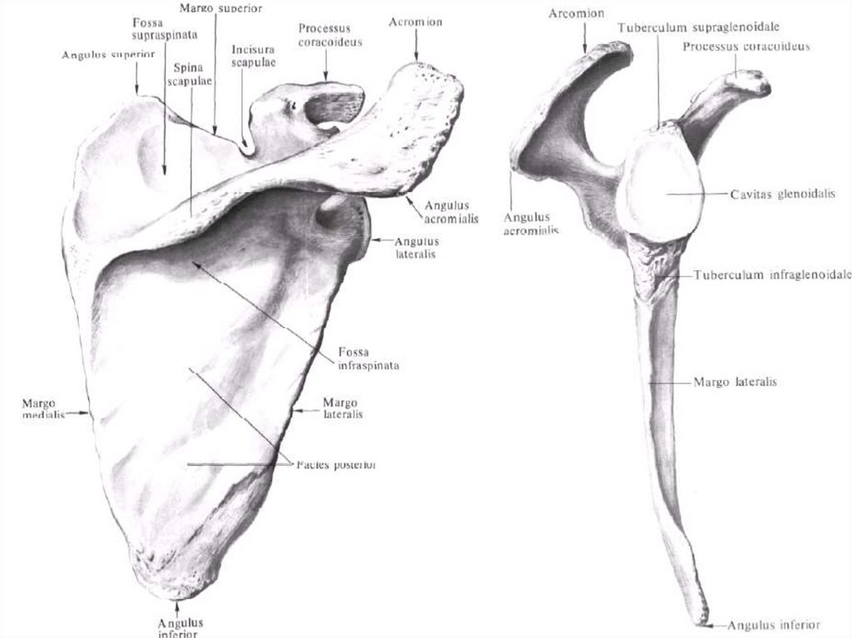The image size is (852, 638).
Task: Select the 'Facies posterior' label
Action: coord(335,465)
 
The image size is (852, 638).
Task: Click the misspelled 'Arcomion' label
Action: coord(576,13)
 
